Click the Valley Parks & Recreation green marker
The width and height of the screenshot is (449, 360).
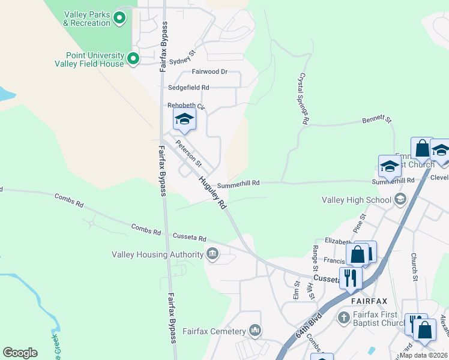[119, 18]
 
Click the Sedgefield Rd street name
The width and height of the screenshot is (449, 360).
[188, 88]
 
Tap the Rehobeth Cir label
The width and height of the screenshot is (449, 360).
[186, 106]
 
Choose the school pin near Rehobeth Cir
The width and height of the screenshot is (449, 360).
[184, 120]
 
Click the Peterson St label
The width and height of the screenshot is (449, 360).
[188, 154]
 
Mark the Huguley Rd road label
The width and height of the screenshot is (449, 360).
[213, 191]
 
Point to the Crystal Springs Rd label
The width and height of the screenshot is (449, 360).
[304, 100]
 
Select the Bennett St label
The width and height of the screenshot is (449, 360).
[376, 121]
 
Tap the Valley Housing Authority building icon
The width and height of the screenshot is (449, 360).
[212, 254]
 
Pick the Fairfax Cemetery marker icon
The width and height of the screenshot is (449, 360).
[255, 331]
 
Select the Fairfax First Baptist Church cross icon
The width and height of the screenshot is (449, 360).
[344, 316]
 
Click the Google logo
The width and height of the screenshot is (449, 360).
[20, 353]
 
